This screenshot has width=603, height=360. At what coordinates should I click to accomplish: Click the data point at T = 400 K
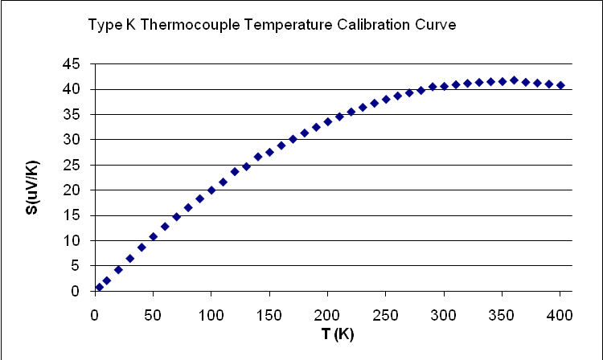pos(560,85)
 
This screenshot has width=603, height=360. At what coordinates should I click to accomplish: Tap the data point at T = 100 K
pos(211,190)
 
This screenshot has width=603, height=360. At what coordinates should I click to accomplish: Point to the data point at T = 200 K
pos(328,121)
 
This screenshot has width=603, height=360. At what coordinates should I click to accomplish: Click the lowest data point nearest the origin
pos(99,287)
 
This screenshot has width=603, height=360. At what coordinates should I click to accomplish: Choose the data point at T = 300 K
pos(444,86)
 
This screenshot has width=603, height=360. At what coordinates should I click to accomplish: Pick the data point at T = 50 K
pos(154,236)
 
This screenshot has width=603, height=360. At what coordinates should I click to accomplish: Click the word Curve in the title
pos(439,27)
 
